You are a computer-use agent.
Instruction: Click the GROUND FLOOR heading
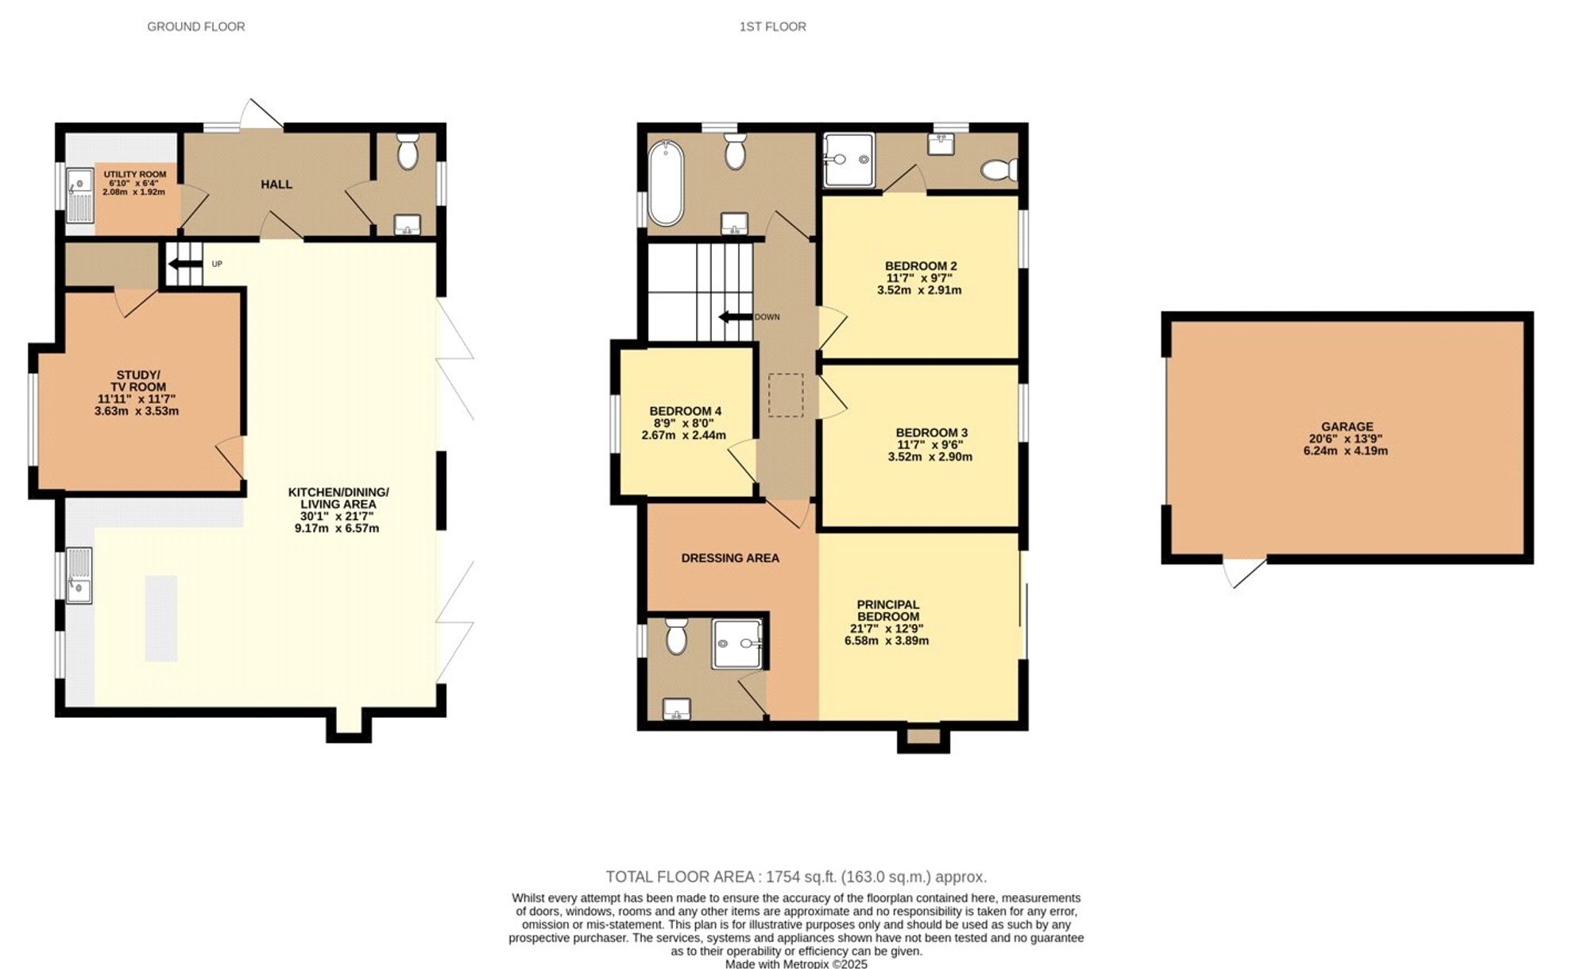tap(195, 26)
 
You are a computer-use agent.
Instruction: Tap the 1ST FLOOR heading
tap(772, 26)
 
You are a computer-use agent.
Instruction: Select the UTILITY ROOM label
tap(134, 174)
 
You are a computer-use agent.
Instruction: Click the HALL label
tap(276, 184)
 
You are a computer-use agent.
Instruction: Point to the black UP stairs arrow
tap(185, 264)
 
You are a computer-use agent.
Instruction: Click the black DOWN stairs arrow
tap(736, 316)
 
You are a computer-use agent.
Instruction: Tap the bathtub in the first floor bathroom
tap(665, 184)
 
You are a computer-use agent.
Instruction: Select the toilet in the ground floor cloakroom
tap(408, 152)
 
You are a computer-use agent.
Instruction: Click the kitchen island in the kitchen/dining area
tap(160, 618)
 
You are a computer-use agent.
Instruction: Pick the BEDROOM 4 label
tap(685, 411)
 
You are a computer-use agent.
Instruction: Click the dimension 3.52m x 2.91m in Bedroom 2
tap(918, 290)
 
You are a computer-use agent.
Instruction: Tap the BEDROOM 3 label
tap(931, 432)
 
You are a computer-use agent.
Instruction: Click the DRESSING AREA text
tap(729, 558)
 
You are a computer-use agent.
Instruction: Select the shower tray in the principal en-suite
tap(737, 643)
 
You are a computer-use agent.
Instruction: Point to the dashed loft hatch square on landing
tap(785, 394)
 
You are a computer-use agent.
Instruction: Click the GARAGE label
tap(1347, 426)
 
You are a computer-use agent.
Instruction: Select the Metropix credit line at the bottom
tap(796, 963)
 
